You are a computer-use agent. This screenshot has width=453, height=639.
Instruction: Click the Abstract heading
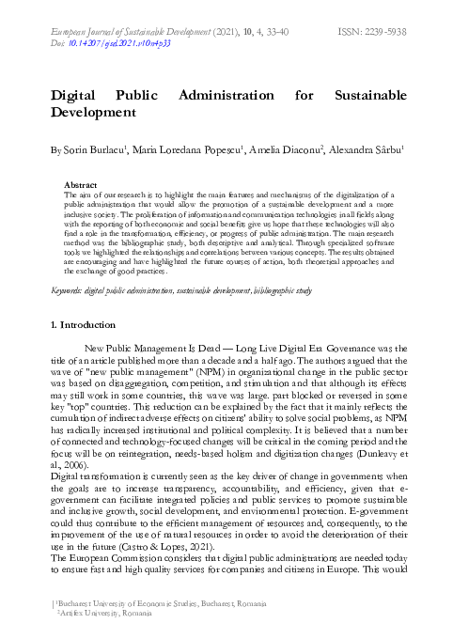click(x=81, y=186)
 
